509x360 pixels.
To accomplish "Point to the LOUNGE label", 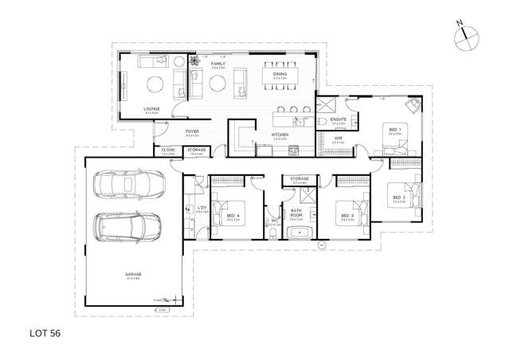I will click(151, 109).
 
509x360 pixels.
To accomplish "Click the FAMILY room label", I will click(217, 63).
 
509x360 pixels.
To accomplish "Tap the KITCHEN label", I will click(279, 135).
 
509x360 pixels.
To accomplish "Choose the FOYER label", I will click(192, 132).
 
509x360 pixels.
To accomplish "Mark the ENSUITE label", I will click(338, 120).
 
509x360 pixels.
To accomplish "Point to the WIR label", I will click(338, 139).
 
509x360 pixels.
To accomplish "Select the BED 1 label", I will click(394, 128).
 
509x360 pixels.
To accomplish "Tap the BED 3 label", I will click(347, 215).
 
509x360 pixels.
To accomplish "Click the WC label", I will click(272, 221).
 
